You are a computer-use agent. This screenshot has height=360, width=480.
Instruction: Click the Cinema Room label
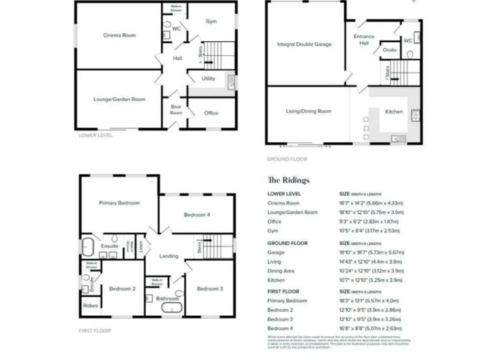(119, 35)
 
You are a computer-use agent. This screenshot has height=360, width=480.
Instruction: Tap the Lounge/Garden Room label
(119, 99)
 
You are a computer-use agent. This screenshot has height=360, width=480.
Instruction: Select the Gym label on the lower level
(211, 21)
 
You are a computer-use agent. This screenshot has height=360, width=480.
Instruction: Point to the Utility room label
(208, 79)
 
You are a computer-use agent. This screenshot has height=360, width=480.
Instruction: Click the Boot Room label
(176, 109)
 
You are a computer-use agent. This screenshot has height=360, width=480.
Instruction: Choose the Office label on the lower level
(211, 113)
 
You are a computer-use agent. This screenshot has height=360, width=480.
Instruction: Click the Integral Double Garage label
(304, 44)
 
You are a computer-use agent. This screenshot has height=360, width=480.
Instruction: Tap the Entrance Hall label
(364, 39)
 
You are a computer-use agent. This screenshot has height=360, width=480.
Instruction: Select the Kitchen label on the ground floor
(394, 112)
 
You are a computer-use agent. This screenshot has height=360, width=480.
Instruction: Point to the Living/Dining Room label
(308, 111)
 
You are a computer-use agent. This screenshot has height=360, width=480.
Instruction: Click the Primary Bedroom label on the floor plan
(119, 203)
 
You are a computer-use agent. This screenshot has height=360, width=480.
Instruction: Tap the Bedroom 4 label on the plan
(197, 215)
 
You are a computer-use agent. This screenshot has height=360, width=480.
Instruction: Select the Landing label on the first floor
(169, 256)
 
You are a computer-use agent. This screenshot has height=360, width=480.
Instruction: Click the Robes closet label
(89, 306)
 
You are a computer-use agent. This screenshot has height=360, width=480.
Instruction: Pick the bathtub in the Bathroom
(167, 309)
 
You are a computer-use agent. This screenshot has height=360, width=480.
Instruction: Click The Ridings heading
(288, 180)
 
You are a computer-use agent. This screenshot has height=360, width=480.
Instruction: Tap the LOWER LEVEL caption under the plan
(96, 135)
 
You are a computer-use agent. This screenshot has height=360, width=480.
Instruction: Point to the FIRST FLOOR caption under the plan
(95, 330)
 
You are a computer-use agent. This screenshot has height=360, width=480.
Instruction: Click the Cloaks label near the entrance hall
(389, 49)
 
